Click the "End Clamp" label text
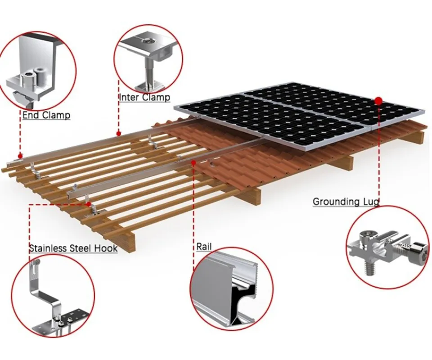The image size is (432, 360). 46,115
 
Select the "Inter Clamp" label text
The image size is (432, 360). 144,97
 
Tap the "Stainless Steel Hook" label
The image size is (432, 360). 73,248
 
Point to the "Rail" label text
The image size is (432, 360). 204,247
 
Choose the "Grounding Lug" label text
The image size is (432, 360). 346,202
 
